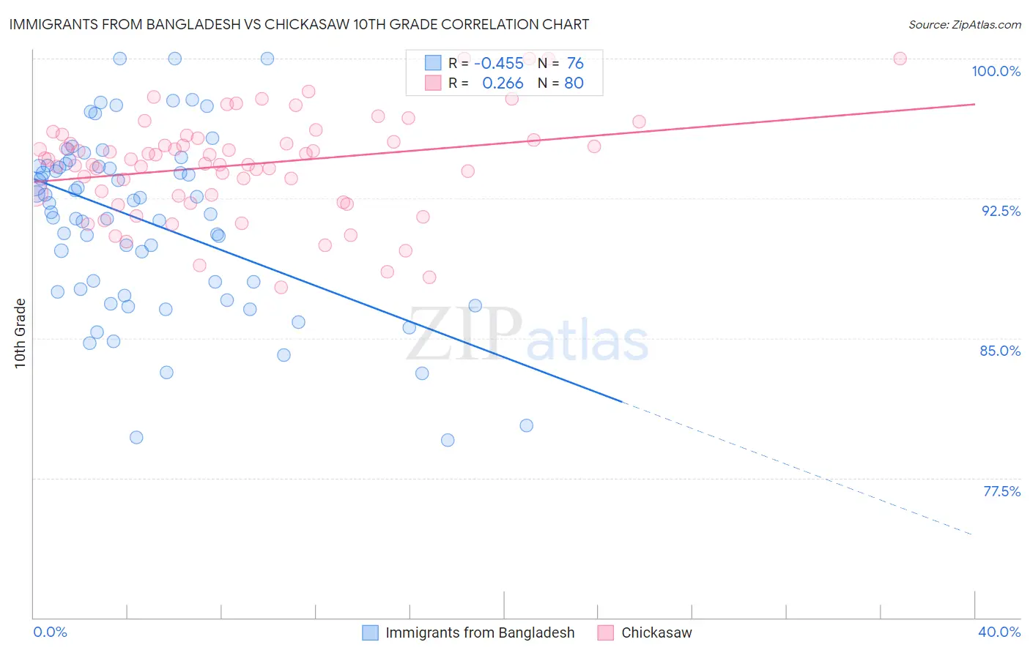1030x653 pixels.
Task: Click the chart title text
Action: click(300, 25)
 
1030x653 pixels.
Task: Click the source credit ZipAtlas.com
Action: click(964, 25)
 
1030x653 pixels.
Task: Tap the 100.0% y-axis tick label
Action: click(996, 71)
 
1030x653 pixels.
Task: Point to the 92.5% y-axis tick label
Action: click(1001, 211)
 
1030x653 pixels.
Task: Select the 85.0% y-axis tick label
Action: click(1000, 351)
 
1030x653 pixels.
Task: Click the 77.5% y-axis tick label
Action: click(1001, 491)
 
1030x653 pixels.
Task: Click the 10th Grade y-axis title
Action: click(21, 333)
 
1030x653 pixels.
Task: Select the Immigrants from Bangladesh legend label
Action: click(480, 633)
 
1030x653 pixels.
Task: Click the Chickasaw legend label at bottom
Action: click(656, 633)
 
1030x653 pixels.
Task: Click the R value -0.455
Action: click(499, 64)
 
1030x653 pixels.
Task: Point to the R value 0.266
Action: click(503, 83)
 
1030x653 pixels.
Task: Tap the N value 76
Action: click(575, 64)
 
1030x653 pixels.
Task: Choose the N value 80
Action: click(574, 83)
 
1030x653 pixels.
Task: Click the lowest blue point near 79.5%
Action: click(448, 440)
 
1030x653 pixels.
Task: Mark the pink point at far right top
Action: click(900, 59)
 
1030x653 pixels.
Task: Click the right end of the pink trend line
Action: click(974, 104)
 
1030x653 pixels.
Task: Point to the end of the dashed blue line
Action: click(972, 535)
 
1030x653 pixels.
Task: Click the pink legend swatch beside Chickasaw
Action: click(605, 633)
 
